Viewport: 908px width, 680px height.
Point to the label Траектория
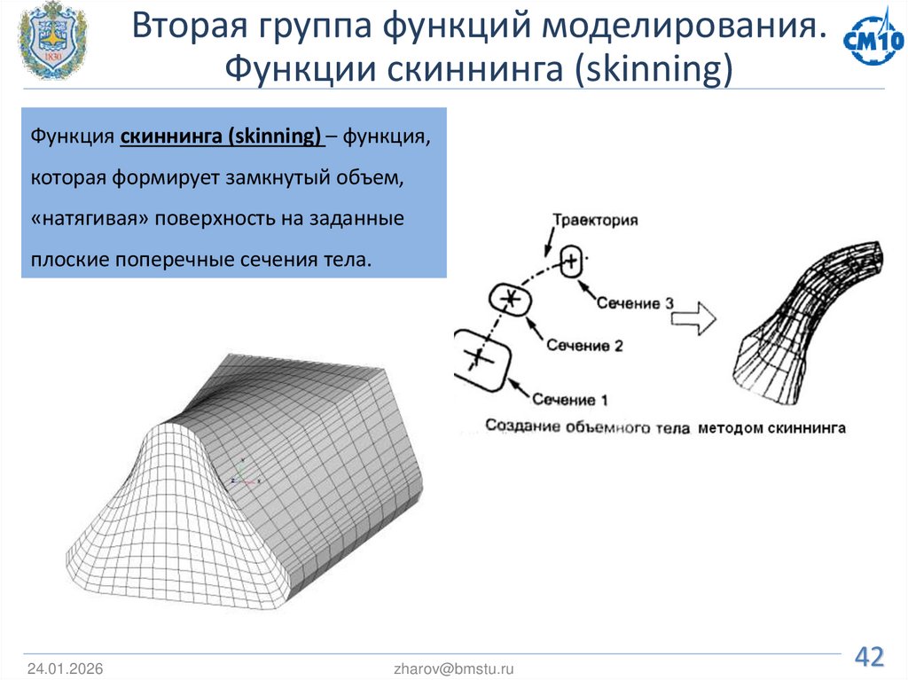(594, 220)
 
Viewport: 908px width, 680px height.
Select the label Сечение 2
(584, 345)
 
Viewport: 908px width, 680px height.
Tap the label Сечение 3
(635, 303)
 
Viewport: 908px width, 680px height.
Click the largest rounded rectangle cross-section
(480, 358)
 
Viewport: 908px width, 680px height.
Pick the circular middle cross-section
(510, 300)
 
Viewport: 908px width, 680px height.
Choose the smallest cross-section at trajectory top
(572, 262)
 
